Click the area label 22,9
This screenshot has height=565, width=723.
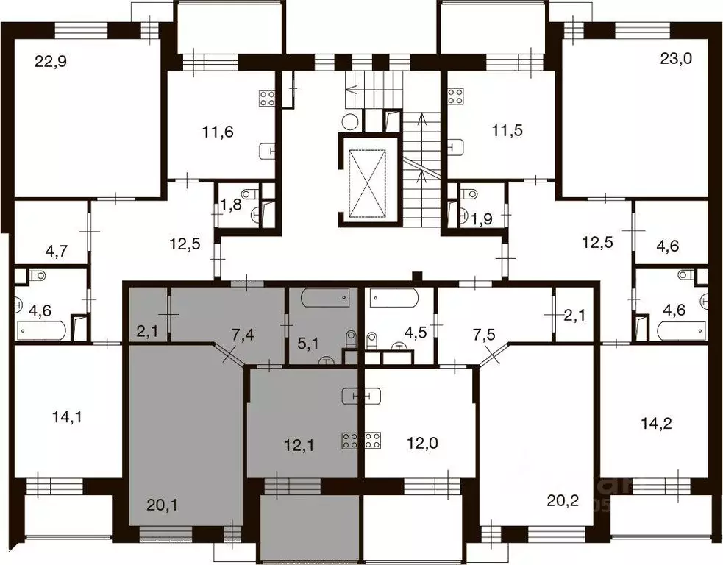tap(51, 62)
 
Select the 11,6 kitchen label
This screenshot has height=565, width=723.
tap(218, 132)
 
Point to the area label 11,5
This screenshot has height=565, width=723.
tap(506, 132)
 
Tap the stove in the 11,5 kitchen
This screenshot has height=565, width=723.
tap(456, 96)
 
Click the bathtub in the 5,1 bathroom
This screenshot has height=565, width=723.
tap(324, 299)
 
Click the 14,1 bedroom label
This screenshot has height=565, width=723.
tap(66, 417)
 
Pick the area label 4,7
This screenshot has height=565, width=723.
tap(57, 250)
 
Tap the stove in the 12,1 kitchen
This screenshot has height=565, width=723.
tap(349, 441)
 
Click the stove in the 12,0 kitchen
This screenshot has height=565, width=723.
tap(371, 441)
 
